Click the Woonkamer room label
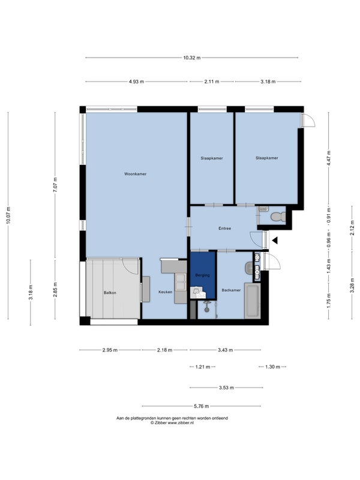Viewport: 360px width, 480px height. pos(136,174)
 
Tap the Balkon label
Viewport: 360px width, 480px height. pos(110,293)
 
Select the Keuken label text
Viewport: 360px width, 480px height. pos(166,292)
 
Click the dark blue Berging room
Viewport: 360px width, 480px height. pos(203,275)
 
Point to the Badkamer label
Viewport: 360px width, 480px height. pos(231,290)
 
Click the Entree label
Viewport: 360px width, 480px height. pos(224,229)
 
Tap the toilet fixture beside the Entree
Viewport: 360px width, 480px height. pos(278,217)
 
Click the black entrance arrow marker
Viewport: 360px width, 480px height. pos(275,241)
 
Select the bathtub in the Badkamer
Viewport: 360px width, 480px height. pos(252,301)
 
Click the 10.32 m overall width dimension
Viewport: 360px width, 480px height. pos(192,58)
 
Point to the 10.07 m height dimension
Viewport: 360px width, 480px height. pos(8,215)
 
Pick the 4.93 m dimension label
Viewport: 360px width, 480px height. pos(136,82)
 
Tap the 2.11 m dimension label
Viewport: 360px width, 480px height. pos(212,82)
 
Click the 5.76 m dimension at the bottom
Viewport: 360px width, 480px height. pos(202,406)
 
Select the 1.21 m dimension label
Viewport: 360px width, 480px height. pos(203,367)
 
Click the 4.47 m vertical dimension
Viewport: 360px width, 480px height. pos(329,158)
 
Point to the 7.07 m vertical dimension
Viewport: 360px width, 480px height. pos(55,185)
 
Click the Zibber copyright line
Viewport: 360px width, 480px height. pos(172,422)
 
